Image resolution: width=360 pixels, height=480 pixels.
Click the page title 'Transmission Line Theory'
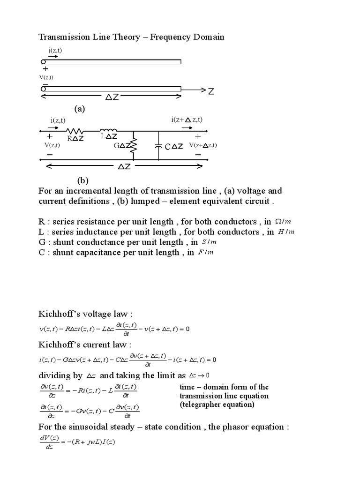coord(88,37)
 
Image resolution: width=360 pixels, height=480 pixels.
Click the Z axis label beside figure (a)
coord(211,91)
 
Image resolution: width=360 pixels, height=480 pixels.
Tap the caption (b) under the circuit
coord(82,180)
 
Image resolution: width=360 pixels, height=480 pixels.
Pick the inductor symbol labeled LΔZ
coord(108,130)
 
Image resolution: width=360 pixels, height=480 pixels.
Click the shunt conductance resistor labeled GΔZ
coord(134,145)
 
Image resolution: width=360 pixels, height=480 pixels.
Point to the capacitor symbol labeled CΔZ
coord(158,146)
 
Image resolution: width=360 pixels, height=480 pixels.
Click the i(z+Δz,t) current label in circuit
coord(187,120)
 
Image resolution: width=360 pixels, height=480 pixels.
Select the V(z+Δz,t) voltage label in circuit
coord(203,145)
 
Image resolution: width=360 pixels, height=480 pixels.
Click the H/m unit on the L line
coord(287,232)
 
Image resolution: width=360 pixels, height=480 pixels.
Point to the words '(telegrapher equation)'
coord(217,405)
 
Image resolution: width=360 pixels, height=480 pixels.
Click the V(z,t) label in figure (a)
coord(46,77)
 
